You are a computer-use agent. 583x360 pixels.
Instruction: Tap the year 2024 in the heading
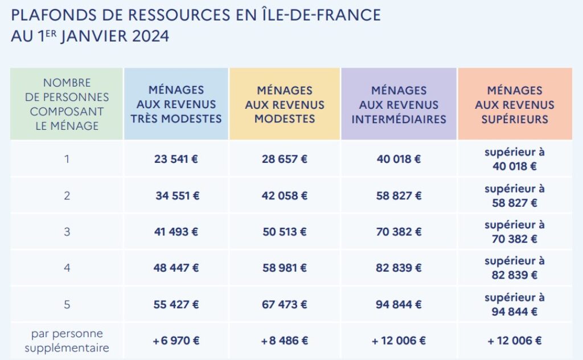pos(151,36)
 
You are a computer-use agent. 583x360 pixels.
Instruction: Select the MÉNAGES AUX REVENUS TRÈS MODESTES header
pos(176,104)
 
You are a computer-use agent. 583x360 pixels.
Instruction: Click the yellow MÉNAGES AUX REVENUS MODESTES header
pos(285,104)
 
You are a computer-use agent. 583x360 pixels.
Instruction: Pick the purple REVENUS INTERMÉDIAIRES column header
pos(399,104)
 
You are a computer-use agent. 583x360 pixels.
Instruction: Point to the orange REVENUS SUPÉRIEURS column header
pos(515,104)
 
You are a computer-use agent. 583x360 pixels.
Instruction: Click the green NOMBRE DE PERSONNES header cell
pos(67,104)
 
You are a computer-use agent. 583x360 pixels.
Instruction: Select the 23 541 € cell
pos(176,159)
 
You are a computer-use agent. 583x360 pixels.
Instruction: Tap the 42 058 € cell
pos(285,196)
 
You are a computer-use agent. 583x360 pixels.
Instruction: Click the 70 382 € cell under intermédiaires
pos(399,232)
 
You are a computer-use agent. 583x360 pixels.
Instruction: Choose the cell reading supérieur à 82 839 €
pos(515,268)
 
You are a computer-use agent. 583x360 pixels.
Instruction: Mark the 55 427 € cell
pos(176,305)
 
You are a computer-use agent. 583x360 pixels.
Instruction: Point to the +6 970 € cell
pos(176,341)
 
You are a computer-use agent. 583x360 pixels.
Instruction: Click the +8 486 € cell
pos(285,341)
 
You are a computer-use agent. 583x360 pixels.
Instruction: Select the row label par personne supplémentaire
pos(67,341)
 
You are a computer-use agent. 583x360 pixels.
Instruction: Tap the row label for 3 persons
pos(67,232)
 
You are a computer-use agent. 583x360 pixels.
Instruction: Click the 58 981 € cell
pos(285,268)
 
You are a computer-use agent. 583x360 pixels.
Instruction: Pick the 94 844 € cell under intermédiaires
pos(399,305)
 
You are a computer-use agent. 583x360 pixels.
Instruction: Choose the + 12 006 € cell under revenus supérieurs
pos(515,341)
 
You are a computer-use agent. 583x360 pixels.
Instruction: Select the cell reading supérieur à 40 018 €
pos(515,159)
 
